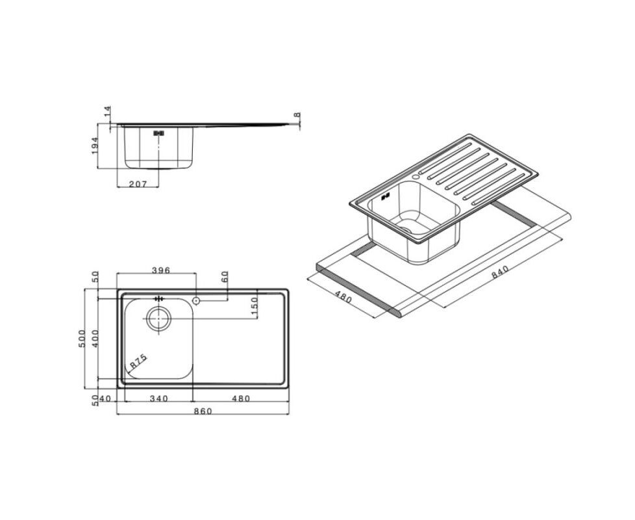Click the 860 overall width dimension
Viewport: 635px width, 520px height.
point(203,411)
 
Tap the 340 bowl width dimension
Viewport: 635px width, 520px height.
point(158,399)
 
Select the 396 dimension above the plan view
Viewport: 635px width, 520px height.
point(160,270)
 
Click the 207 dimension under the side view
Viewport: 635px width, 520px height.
point(138,184)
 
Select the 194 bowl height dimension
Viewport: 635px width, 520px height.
point(95,146)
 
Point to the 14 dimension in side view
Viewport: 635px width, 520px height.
point(107,111)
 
